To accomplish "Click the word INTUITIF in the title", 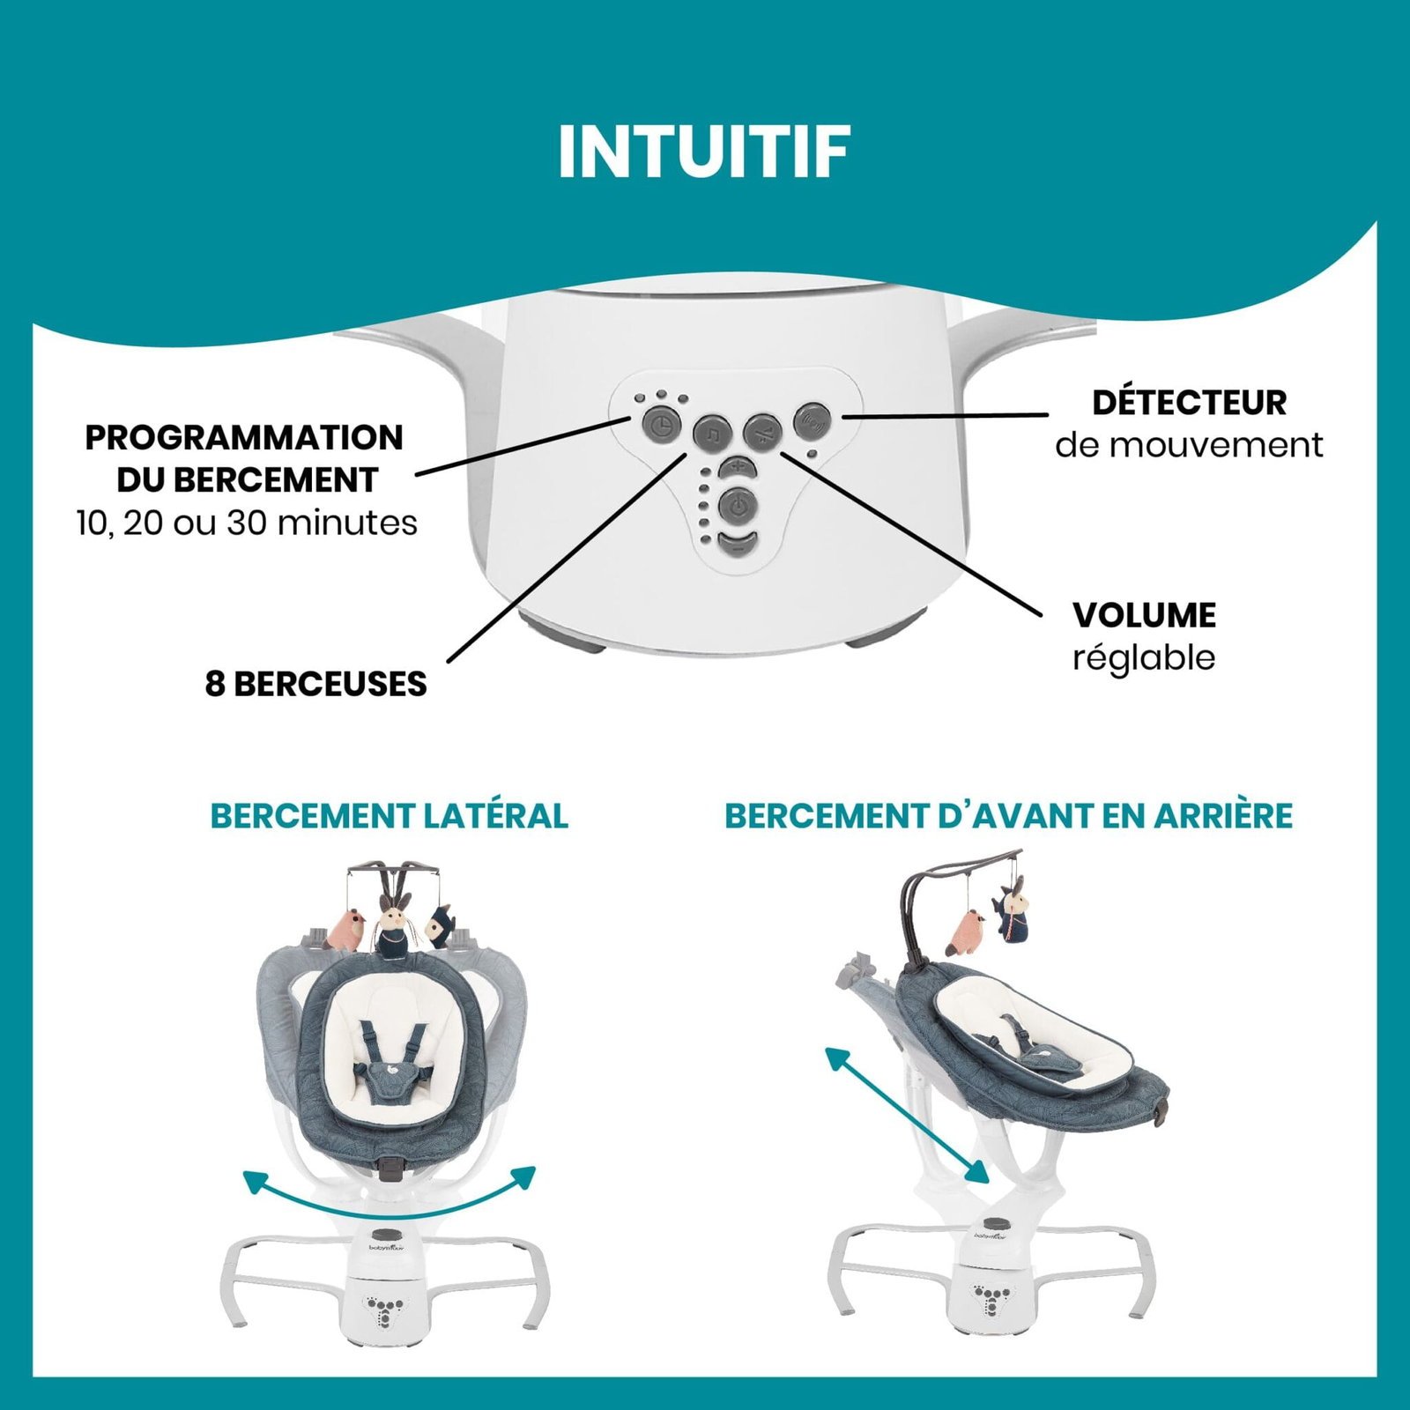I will (x=703, y=152).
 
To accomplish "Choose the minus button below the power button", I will (x=738, y=544).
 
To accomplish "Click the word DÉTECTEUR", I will (x=1189, y=403).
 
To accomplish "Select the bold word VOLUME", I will (x=1144, y=615).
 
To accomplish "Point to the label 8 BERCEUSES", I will (x=315, y=684).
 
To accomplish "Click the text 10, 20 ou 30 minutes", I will (x=247, y=523).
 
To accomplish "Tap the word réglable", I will (x=1144, y=657).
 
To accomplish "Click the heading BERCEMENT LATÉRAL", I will (x=389, y=816).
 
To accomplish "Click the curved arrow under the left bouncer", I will (x=389, y=1190).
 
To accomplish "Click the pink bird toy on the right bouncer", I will (x=968, y=932).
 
